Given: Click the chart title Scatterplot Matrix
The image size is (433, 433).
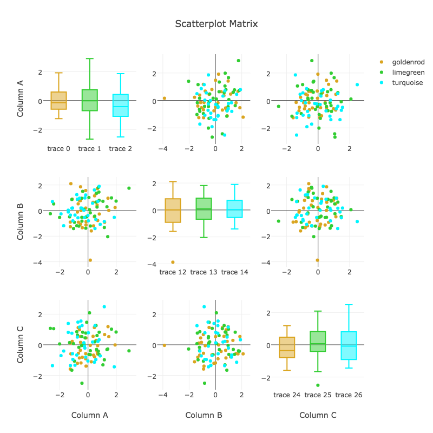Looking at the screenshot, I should pos(216,24).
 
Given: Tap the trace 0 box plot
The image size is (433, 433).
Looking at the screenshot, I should pos(58,101).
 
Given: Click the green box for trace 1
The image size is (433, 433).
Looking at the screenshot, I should pos(89,100).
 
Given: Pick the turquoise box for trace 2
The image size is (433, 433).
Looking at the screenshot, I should pos(120,105).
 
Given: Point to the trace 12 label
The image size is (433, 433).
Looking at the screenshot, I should pos(173,272).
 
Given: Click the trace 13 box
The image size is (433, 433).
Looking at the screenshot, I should pos(204,209).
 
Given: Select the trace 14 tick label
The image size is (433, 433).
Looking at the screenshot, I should pos(234,272).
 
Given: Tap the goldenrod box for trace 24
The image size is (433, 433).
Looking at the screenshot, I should pos(287,347).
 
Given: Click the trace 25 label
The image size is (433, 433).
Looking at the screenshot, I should pos(318,395).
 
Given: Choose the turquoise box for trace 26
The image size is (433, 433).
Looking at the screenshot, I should pos(349,345).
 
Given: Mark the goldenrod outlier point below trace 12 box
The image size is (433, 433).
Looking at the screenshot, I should pos(173,262).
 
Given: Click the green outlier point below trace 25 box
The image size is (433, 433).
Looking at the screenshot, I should pos(318,385).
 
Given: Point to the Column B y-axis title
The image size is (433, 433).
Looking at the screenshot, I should pos(20,221).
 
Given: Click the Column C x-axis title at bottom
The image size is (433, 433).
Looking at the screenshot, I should pos(318,416).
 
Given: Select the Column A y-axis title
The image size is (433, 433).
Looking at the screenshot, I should pos(20,99).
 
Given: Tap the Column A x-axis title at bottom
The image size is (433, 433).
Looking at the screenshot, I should pos(90,416).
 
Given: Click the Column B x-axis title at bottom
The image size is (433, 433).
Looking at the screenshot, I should pos(204,416).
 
